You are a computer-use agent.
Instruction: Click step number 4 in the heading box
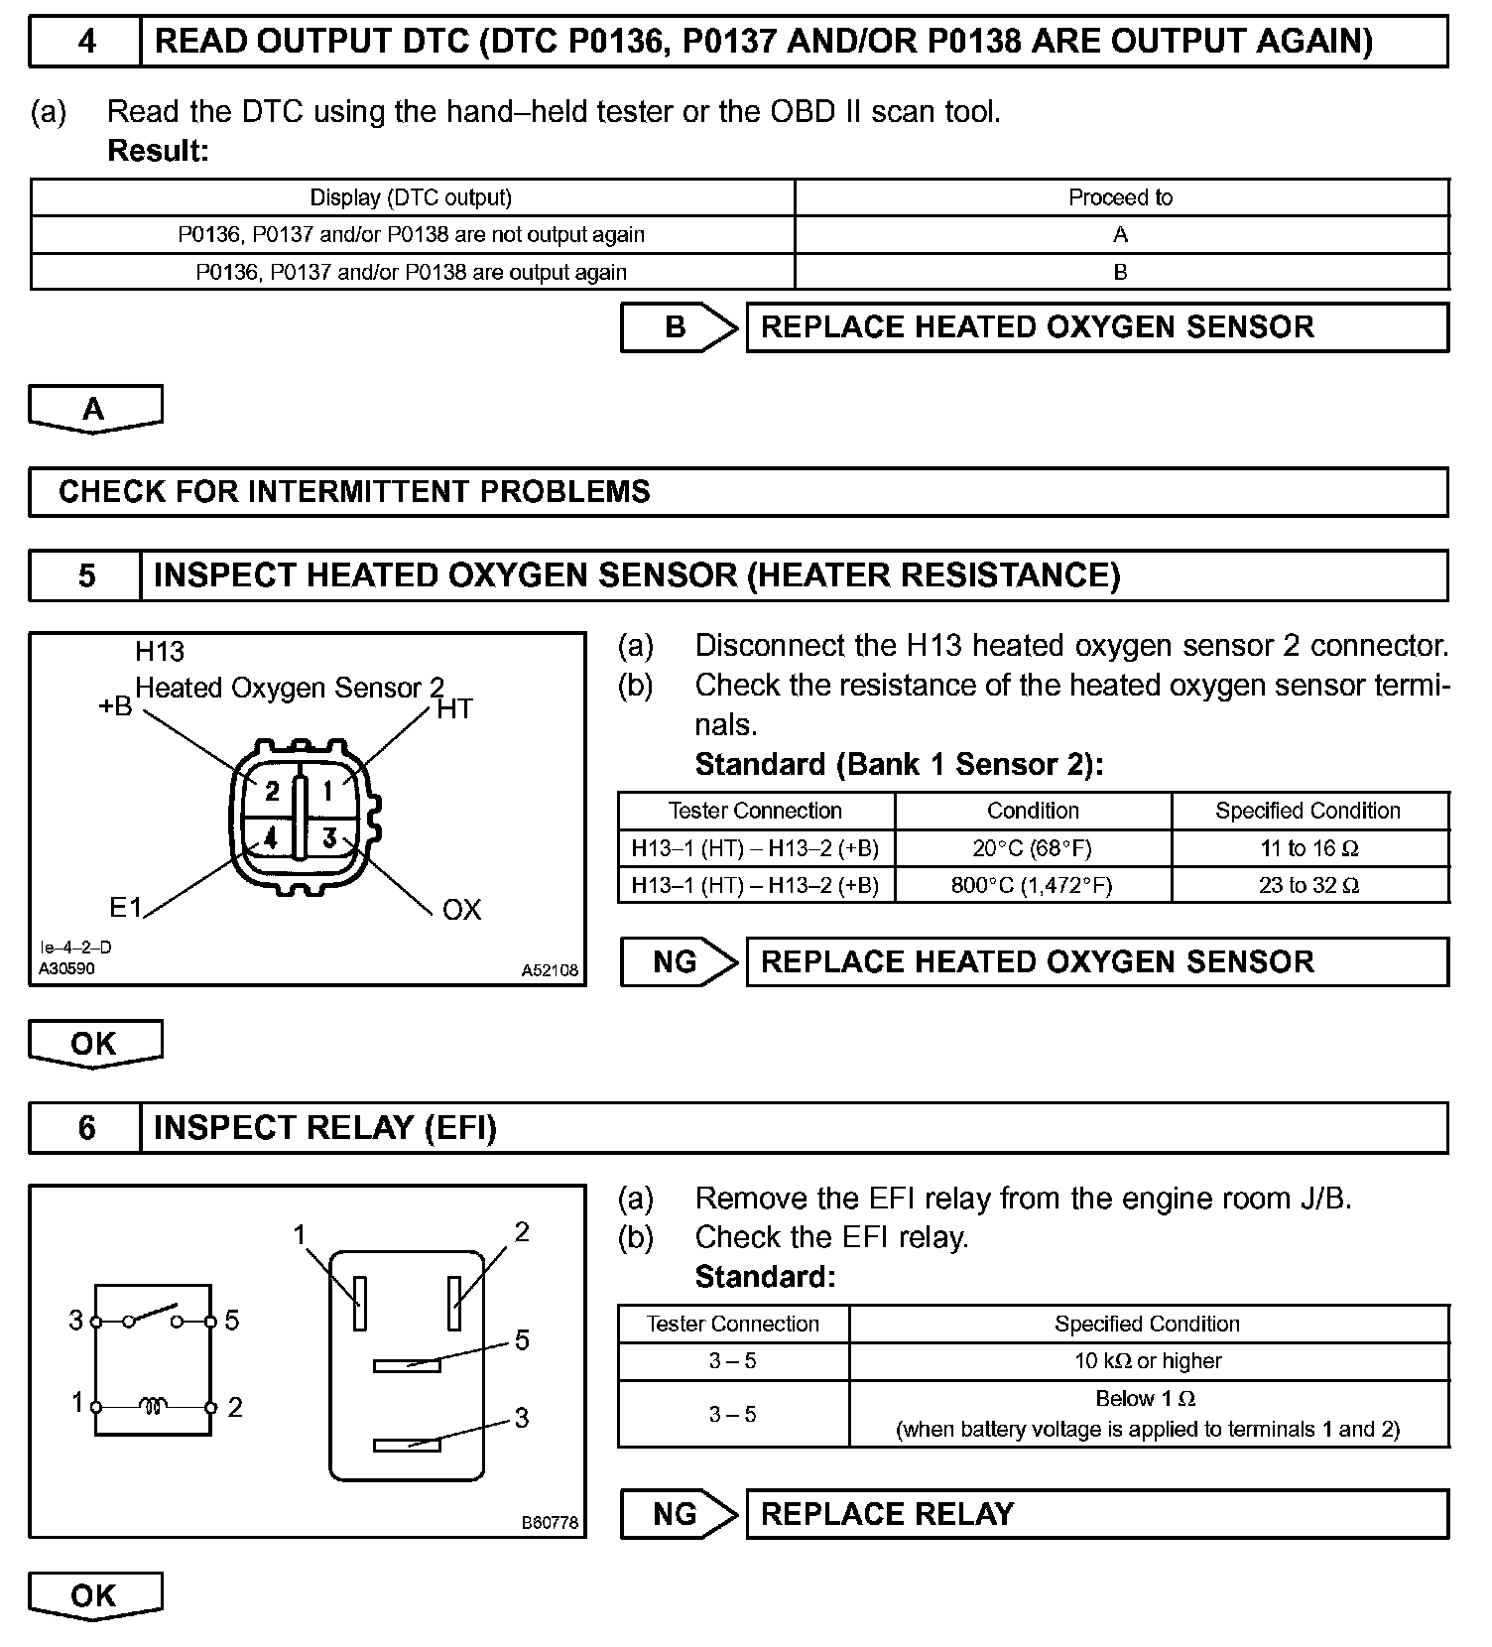tap(86, 42)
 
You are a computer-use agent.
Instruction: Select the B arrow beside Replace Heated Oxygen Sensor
tap(679, 327)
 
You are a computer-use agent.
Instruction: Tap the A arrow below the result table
tap(94, 409)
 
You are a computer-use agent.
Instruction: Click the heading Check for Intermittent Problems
tap(354, 492)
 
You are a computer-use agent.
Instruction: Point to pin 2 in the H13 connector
tap(271, 792)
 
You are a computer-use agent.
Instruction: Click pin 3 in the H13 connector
tap(329, 838)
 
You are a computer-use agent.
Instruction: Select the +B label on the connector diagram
tap(115, 706)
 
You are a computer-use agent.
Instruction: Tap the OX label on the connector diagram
tap(461, 910)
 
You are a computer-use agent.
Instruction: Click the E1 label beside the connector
tap(126, 908)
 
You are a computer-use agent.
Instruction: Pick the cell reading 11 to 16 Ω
tap(1308, 848)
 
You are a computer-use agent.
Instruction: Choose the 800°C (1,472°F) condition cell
tap(1032, 885)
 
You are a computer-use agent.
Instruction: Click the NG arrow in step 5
tap(679, 962)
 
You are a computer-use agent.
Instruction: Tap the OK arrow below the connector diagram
tap(94, 1044)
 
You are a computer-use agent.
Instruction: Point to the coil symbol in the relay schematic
tap(153, 1405)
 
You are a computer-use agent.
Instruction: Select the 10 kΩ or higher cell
tap(1148, 1361)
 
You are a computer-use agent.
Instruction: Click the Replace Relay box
tap(1096, 1514)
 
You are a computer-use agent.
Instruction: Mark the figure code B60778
tap(550, 1522)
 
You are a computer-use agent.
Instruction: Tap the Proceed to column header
tap(1120, 197)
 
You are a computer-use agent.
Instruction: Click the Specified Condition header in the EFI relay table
tap(1147, 1324)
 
